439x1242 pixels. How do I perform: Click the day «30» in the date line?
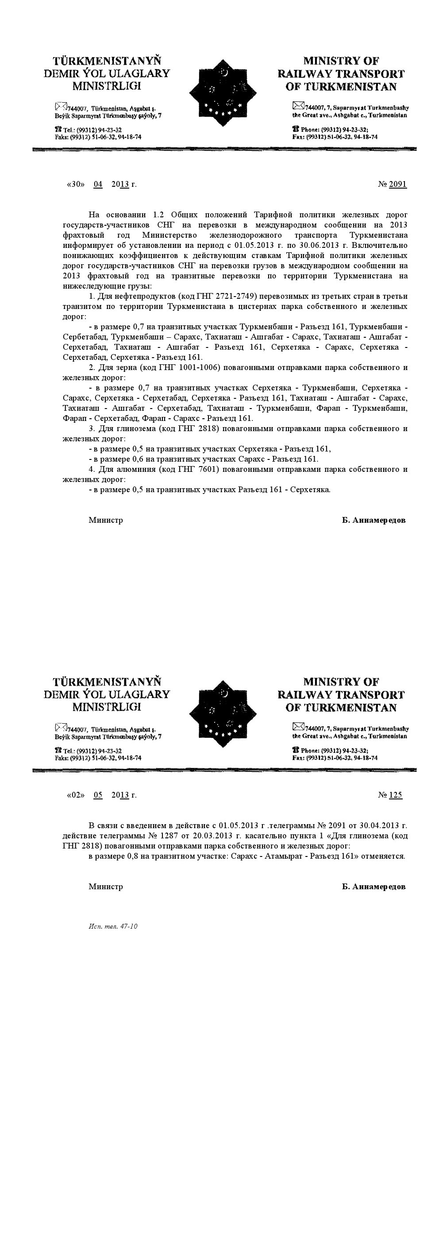click(x=75, y=184)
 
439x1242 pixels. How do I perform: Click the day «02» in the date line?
click(x=75, y=795)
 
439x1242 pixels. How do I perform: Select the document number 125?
click(x=395, y=795)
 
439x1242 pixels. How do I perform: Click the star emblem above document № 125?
click(x=222, y=714)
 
